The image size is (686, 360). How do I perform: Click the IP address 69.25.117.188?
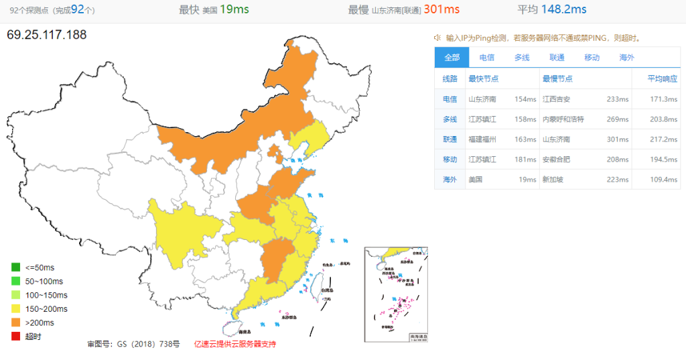pyautogui.click(x=47, y=34)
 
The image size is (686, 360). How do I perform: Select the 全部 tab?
pyautogui.click(x=452, y=58)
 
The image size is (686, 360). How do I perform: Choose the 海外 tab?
pyautogui.click(x=627, y=58)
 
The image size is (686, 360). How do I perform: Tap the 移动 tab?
pyautogui.click(x=592, y=58)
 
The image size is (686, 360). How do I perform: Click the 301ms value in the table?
pyautogui.click(x=618, y=139)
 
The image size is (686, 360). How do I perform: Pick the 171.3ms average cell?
pyautogui.click(x=663, y=99)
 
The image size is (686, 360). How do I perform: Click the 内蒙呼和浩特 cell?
pyautogui.click(x=563, y=119)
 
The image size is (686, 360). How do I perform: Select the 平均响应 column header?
pyautogui.click(x=663, y=78)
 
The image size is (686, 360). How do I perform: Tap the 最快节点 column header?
pyautogui.click(x=484, y=78)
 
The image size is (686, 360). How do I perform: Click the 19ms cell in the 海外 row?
pyautogui.click(x=527, y=180)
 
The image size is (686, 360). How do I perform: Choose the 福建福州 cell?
pyautogui.click(x=482, y=139)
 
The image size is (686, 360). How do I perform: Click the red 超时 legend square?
pyautogui.click(x=15, y=337)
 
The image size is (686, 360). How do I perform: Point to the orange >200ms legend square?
pyautogui.click(x=15, y=322)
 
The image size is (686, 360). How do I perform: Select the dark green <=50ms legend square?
pyautogui.click(x=15, y=267)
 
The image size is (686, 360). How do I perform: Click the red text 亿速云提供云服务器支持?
pyautogui.click(x=234, y=344)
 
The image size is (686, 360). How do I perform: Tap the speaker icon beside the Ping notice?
pyautogui.click(x=437, y=38)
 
